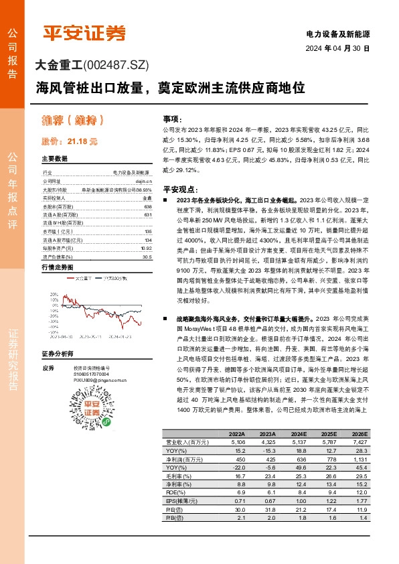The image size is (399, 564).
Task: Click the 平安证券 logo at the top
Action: click(x=84, y=33)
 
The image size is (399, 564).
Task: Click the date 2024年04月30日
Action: click(x=337, y=48)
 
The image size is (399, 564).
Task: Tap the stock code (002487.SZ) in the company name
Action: click(x=116, y=66)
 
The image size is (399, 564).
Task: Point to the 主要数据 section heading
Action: click(x=55, y=159)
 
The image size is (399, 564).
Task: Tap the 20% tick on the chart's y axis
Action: click(x=53, y=295)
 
